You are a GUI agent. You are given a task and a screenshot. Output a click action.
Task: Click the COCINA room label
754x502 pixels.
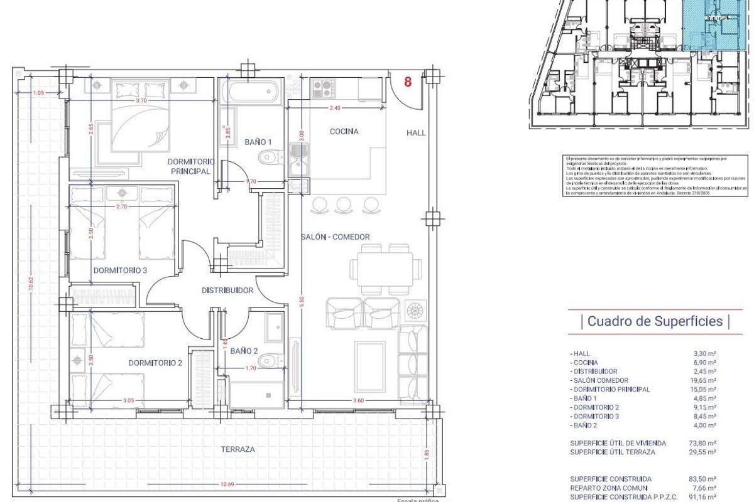click(x=344, y=132)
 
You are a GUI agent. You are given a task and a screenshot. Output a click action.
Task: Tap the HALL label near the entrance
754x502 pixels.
click(x=416, y=132)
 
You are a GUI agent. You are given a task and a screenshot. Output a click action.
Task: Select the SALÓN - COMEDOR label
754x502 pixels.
click(x=335, y=237)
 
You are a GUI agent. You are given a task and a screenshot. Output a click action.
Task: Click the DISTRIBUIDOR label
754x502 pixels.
click(x=227, y=291)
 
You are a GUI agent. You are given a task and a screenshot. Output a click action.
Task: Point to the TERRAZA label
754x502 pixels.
click(x=238, y=449)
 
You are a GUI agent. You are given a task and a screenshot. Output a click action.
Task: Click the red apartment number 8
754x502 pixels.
click(x=408, y=82)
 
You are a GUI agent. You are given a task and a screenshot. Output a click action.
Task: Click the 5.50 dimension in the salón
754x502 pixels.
click(x=302, y=300)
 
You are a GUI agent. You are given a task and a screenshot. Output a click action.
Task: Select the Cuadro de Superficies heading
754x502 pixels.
click(x=655, y=321)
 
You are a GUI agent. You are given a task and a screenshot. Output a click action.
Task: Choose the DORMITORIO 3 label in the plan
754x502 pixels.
click(x=120, y=271)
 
